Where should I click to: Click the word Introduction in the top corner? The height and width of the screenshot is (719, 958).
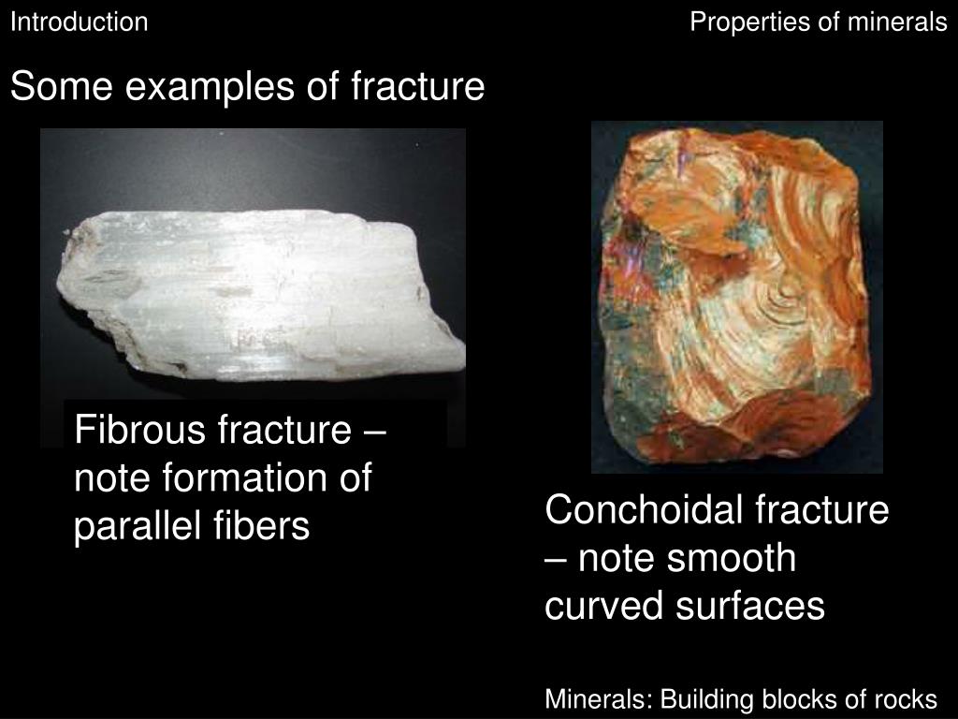coord(79,22)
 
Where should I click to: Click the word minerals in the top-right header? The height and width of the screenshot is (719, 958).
coord(897,22)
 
